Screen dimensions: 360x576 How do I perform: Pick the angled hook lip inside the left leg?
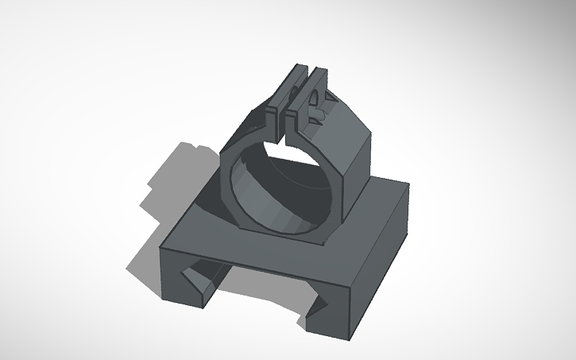tap(199, 278)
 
